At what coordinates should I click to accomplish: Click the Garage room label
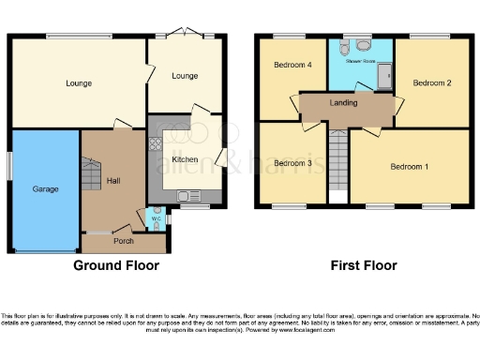point(45,188)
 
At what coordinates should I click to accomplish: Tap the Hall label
point(113,180)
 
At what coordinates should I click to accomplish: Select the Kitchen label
point(185,159)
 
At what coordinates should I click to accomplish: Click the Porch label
point(124,240)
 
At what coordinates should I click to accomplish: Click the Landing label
point(343,102)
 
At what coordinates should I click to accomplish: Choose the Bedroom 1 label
point(409,167)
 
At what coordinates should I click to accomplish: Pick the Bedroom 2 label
point(436,82)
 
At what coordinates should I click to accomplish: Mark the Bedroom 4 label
point(292,65)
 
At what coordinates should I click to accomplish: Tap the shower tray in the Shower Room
point(382,74)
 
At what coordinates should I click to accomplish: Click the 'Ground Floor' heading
point(116,266)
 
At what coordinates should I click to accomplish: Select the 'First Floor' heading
point(363,266)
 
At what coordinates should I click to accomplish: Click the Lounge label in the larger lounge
point(79,83)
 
